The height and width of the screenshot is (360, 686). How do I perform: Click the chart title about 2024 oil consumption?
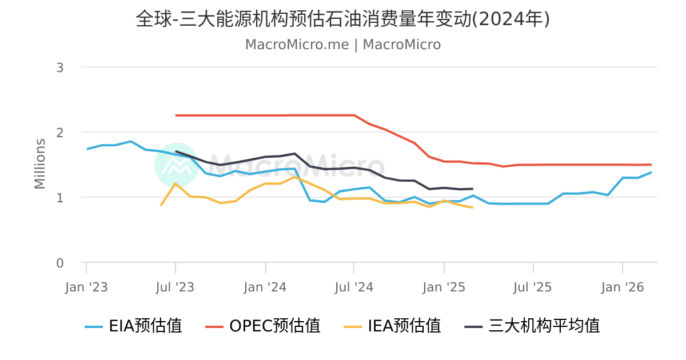pos(343,19)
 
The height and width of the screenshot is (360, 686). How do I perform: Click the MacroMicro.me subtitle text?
pos(343,45)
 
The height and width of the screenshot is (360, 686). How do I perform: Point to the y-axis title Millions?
pos(40,163)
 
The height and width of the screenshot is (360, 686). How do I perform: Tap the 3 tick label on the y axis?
pos(59,67)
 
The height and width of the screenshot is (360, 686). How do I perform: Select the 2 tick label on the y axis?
pos(59,133)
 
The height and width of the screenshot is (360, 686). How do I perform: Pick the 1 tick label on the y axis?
pos(59,198)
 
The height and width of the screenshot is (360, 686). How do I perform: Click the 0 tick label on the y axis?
pos(59,263)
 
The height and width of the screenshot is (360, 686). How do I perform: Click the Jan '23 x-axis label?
pos(86,287)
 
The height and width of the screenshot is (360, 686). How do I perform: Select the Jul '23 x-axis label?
pos(176,287)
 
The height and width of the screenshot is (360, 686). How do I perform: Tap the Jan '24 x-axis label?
pos(265,287)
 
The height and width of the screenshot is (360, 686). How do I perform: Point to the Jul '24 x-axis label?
pos(354,287)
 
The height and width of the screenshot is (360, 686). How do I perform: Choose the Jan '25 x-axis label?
pos(444,287)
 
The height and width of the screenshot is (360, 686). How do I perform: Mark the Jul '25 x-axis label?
pos(533,287)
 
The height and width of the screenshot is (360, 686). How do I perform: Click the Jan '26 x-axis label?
pos(623,287)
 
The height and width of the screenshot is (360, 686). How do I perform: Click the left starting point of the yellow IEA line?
pos(161,205)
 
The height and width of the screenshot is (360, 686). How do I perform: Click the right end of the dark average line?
pos(473,189)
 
